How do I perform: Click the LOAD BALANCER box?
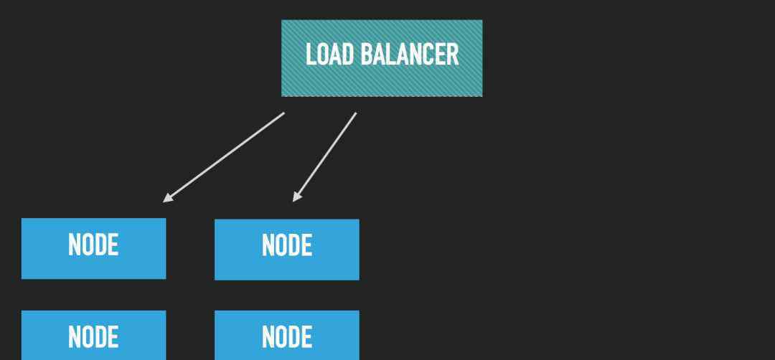382,58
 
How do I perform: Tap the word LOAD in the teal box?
329,55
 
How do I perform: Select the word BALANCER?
410,55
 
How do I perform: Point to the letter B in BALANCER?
366,55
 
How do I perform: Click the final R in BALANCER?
454,55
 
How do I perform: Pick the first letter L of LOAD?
311,55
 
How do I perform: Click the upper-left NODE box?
93,248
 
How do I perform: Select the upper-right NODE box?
286,250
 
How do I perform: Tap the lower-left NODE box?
93,335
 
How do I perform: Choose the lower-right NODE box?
286,335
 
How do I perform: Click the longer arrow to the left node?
223,158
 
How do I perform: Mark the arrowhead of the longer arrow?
167,199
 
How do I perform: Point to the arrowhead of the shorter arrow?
296,197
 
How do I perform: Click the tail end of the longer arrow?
283,113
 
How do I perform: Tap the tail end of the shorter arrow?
356,113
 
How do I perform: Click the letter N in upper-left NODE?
74,245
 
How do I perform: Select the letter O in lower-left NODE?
87,337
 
